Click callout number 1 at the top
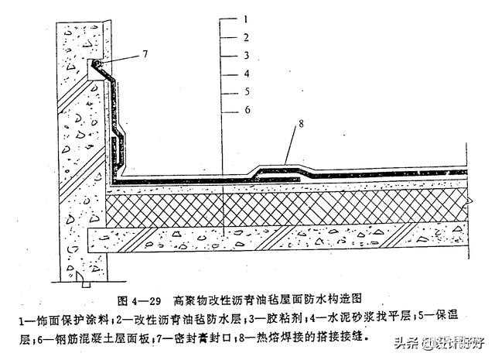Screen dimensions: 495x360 click(245, 17)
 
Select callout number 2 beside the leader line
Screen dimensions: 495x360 click(245, 36)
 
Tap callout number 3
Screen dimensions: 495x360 click(245, 55)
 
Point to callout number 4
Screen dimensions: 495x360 click(245, 74)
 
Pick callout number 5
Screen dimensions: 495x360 click(245, 92)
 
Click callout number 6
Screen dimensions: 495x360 click(245, 110)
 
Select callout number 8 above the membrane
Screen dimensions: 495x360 click(299, 123)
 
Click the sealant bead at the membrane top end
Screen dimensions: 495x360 click(97, 62)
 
